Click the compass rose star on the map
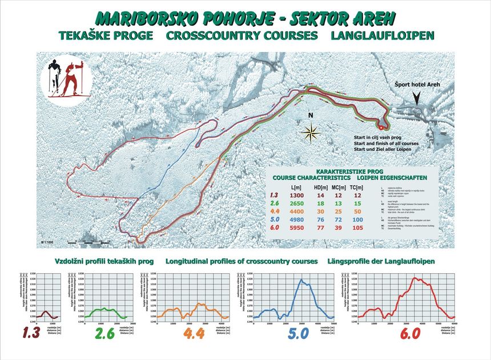[x=311, y=134]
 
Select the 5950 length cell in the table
[x=297, y=229]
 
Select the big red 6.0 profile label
[x=409, y=333]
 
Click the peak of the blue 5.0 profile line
[x=300, y=279]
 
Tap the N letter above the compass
[x=311, y=115]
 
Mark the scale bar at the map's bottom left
[x=88, y=243]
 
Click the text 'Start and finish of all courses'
[x=387, y=143]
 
